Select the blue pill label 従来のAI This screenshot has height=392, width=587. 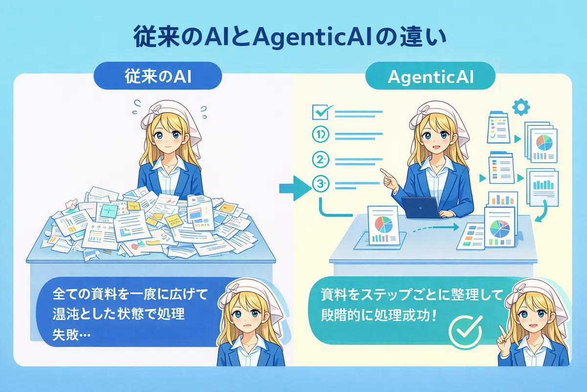[158, 76]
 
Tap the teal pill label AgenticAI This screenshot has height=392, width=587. [430, 76]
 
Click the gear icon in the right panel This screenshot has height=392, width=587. [521, 107]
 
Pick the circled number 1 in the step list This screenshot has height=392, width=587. [321, 135]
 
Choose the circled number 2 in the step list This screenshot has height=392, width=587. [321, 159]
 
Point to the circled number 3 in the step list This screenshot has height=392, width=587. [321, 184]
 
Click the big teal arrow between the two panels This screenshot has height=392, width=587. [295, 188]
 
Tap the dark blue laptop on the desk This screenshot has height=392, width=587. [421, 208]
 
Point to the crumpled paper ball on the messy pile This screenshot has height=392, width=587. [71, 204]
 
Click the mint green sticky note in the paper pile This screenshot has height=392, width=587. [109, 211]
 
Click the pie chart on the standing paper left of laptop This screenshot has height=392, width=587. [384, 224]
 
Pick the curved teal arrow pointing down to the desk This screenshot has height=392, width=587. [541, 211]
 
